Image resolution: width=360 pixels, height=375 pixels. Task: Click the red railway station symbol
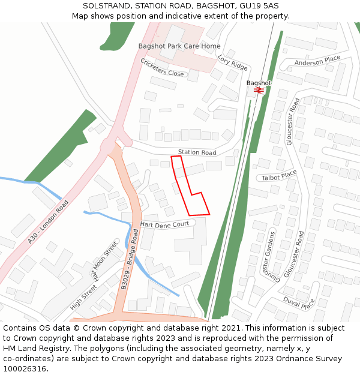259,90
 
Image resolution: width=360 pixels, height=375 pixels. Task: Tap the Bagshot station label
259,83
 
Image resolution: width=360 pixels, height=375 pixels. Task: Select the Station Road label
197,152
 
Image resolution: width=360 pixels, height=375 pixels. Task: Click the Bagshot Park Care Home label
179,46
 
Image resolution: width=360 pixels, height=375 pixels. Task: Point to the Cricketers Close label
162,67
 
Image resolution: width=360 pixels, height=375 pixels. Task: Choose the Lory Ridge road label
232,62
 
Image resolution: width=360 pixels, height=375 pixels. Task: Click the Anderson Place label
317,61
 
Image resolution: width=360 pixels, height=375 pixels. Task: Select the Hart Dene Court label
164,224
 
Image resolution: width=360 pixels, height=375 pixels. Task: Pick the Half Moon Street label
104,262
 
